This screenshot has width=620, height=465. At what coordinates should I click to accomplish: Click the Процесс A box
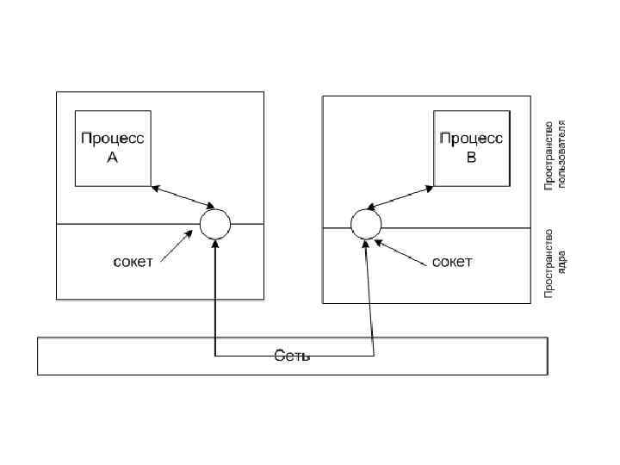pyautogui.click(x=112, y=148)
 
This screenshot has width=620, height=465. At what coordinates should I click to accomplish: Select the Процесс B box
pyautogui.click(x=470, y=147)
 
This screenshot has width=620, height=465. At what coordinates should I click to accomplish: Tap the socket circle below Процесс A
pyautogui.click(x=215, y=225)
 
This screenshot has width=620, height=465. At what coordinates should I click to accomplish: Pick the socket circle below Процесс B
pyautogui.click(x=365, y=224)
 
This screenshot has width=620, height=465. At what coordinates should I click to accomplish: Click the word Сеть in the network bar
pyautogui.click(x=292, y=356)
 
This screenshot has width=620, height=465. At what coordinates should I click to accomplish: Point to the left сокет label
pyautogui.click(x=133, y=262)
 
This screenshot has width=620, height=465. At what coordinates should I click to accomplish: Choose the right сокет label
pyautogui.click(x=452, y=262)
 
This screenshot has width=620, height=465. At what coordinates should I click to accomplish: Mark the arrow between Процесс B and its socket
pyautogui.click(x=400, y=195)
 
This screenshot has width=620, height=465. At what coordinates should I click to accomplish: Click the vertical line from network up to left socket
pyautogui.click(x=214, y=293)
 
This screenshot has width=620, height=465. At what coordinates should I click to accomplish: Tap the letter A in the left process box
pyautogui.click(x=112, y=158)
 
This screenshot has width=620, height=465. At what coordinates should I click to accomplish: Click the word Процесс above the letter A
pyautogui.click(x=113, y=139)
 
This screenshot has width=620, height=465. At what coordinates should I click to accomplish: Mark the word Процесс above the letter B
pyautogui.click(x=471, y=138)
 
